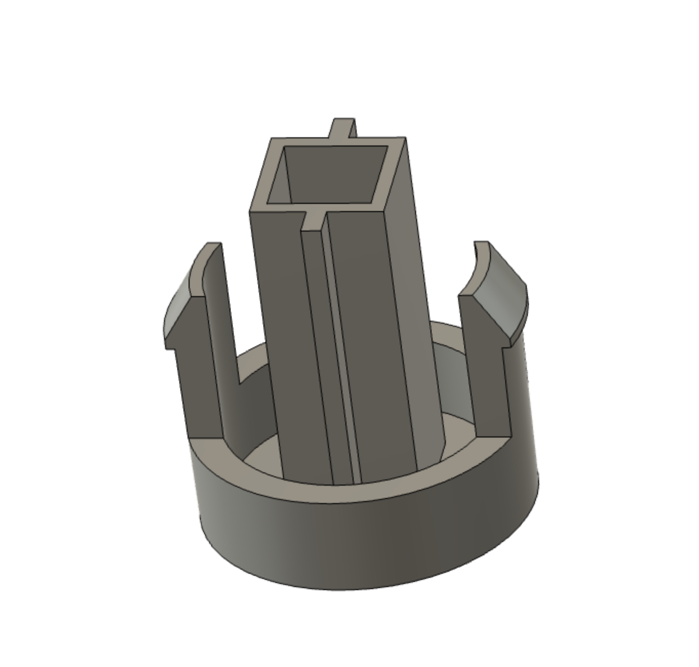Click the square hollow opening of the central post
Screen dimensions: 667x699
click(336, 174)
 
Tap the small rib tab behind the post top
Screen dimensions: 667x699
click(342, 129)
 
